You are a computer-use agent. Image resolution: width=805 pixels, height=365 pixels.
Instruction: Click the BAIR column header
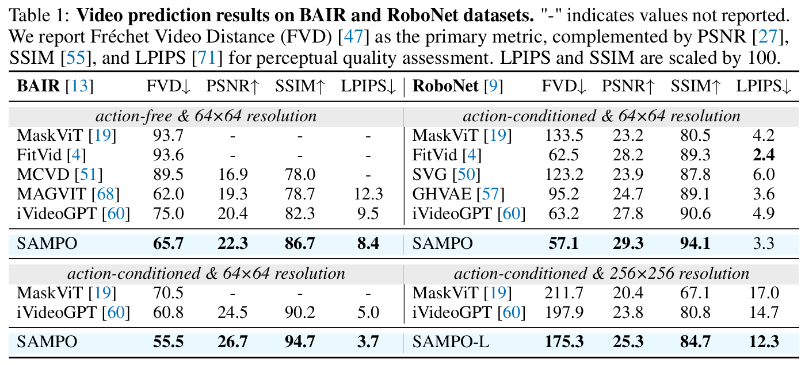pyautogui.click(x=38, y=87)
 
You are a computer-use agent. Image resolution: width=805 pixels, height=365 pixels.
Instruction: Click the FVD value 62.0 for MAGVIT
pyautogui.click(x=168, y=194)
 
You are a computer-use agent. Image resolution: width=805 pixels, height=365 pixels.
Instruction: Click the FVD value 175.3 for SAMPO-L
pyautogui.click(x=563, y=341)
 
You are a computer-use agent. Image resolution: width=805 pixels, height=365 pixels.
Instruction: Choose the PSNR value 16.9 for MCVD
pyautogui.click(x=232, y=175)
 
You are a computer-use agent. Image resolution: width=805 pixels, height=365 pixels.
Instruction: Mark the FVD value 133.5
pyautogui.click(x=563, y=136)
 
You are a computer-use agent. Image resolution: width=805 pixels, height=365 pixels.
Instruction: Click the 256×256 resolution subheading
pyautogui.click(x=602, y=273)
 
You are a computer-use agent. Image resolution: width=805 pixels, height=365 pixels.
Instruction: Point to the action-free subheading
pyautogui.click(x=206, y=116)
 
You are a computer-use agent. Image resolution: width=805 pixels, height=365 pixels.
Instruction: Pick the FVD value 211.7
pyautogui.click(x=563, y=293)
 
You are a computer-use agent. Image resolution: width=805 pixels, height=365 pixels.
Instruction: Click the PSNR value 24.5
pyautogui.click(x=232, y=313)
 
